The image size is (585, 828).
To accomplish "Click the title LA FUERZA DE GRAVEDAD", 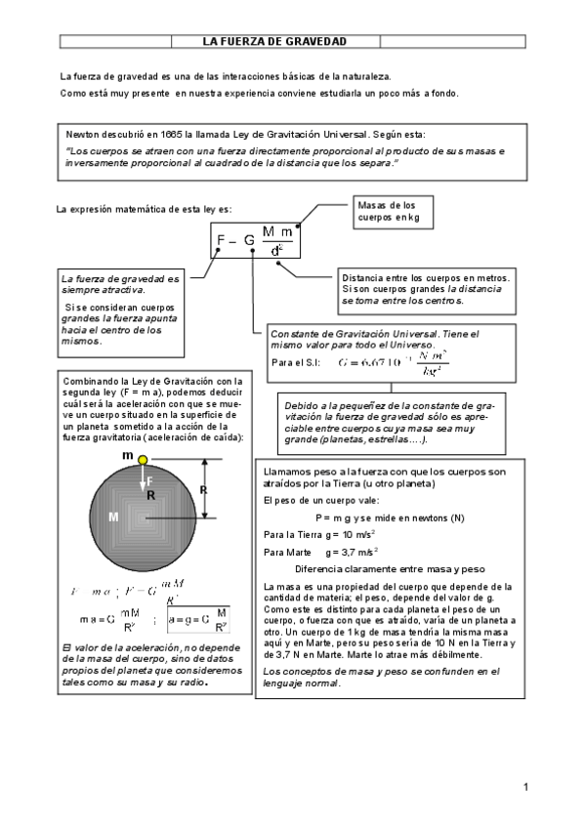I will [274, 41].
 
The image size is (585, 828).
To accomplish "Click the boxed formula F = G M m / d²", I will [254, 240].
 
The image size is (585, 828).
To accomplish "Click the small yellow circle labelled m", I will [144, 458].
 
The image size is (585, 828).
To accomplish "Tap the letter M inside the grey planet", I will [113, 516].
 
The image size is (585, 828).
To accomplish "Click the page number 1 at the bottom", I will [525, 787].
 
